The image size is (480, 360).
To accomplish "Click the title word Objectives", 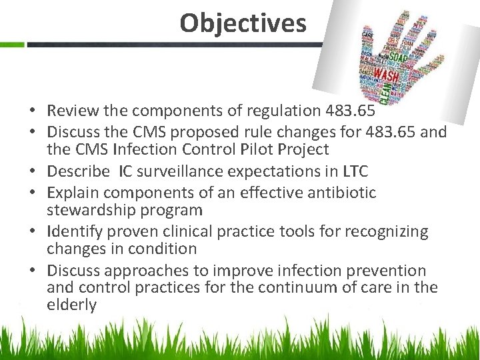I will pyautogui.click(x=243, y=23).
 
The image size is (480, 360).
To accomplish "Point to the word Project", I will pyautogui.click(x=305, y=149).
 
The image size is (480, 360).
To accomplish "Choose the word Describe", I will pyautogui.click(x=78, y=171).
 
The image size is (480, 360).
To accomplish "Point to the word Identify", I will pyautogui.click(x=74, y=231).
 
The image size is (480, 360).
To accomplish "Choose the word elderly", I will pyautogui.click(x=71, y=305).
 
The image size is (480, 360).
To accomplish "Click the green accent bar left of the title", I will pyautogui.click(x=12, y=45).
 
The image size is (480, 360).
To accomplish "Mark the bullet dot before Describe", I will pyautogui.click(x=32, y=172).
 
